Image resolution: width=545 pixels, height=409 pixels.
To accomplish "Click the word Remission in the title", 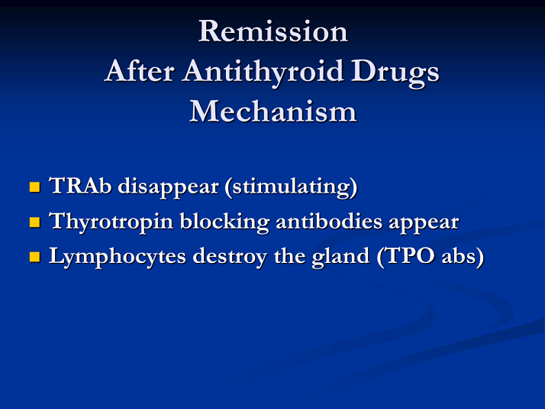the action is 273,31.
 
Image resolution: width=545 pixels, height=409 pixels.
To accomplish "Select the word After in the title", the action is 140,71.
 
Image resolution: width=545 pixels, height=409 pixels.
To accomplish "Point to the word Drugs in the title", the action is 395,73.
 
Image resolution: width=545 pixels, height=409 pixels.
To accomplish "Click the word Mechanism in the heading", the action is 273,111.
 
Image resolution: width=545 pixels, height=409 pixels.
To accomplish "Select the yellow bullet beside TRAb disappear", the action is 35,187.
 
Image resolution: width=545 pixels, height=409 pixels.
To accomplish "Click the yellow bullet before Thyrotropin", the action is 35,222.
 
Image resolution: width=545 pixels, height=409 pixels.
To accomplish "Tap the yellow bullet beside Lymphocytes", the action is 35,257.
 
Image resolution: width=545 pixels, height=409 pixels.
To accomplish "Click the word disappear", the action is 168,187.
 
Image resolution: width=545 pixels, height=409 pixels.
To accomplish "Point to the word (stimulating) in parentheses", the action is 292,187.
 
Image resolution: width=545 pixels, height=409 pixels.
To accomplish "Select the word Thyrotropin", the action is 111,222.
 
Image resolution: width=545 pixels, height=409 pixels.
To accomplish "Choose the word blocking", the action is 224,222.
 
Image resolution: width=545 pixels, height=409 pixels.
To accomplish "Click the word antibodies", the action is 329,221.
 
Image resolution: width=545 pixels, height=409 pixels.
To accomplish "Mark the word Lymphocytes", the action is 118,258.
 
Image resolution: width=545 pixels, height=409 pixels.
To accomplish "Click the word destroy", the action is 230,258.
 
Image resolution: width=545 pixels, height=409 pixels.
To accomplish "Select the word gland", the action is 340,258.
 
